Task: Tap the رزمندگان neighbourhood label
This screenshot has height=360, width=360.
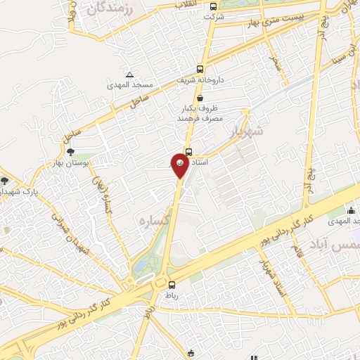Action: point(110,10)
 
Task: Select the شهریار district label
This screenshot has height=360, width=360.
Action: point(246,130)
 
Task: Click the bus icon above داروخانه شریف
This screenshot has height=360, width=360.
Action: point(201,70)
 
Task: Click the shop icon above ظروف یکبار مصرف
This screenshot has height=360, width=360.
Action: point(201,98)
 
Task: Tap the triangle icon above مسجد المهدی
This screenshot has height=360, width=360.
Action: point(129,75)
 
